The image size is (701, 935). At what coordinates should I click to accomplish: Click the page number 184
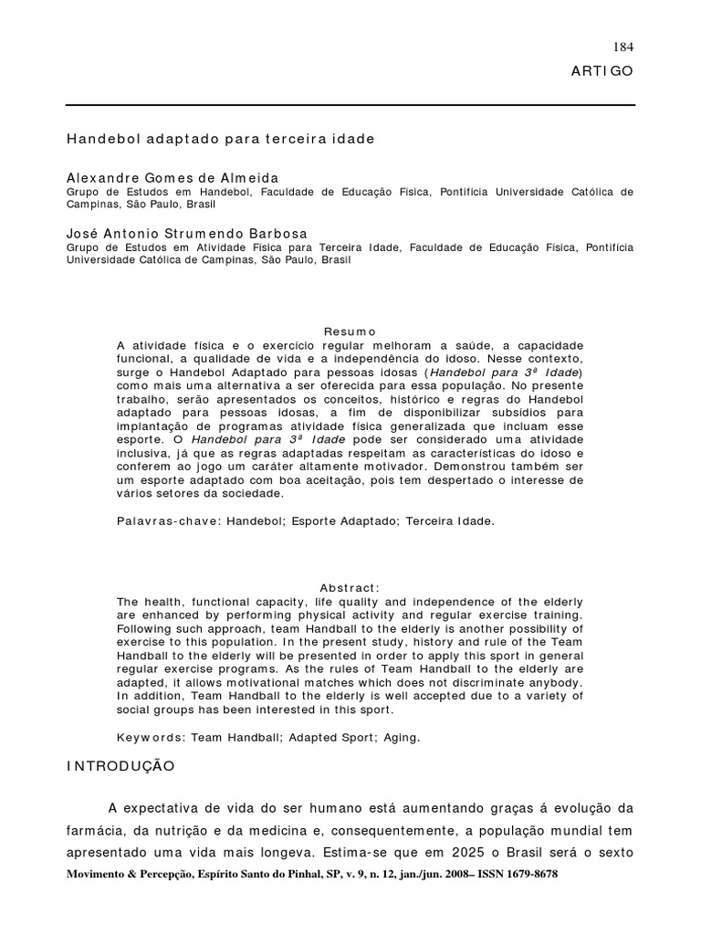point(625,47)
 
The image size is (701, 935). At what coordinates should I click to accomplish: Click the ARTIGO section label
point(602,71)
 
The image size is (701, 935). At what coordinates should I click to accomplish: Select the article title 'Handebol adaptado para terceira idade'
point(220,140)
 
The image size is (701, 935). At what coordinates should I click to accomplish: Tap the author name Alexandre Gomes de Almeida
point(173,178)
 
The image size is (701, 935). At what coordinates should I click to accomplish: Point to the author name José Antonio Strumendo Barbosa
point(187,234)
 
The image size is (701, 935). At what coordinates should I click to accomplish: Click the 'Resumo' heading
point(350,331)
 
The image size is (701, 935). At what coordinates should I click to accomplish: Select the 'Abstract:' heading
point(350,588)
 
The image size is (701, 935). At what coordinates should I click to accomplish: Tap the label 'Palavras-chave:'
point(168,521)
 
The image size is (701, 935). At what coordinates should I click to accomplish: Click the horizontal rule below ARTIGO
point(350,106)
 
